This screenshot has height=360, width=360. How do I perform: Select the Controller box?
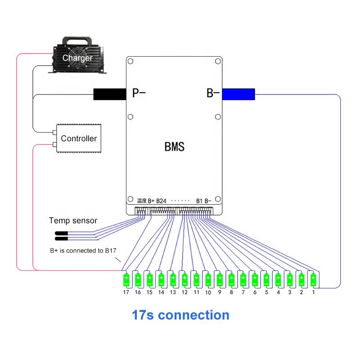[x=78, y=138]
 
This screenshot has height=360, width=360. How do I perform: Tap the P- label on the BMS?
[x=139, y=94]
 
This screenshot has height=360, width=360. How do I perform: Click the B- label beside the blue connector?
[x=213, y=94]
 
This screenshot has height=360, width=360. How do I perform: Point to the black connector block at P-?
[x=109, y=94]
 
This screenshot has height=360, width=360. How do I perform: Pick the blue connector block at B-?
[x=239, y=94]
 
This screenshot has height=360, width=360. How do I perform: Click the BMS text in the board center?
[x=174, y=146]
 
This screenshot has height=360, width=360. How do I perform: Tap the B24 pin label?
[x=162, y=200]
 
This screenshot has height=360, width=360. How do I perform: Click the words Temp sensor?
[x=73, y=220]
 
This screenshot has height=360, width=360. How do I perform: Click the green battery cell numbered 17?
[x=126, y=280]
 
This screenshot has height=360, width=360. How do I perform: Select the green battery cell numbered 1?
[x=313, y=280]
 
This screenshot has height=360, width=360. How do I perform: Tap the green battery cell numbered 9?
[x=220, y=280]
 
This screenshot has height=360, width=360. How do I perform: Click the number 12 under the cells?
[x=184, y=292]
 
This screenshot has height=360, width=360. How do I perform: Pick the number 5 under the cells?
[x=266, y=292]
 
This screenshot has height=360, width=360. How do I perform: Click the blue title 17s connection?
[x=180, y=315]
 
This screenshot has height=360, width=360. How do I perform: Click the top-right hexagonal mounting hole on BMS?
[x=218, y=61]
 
